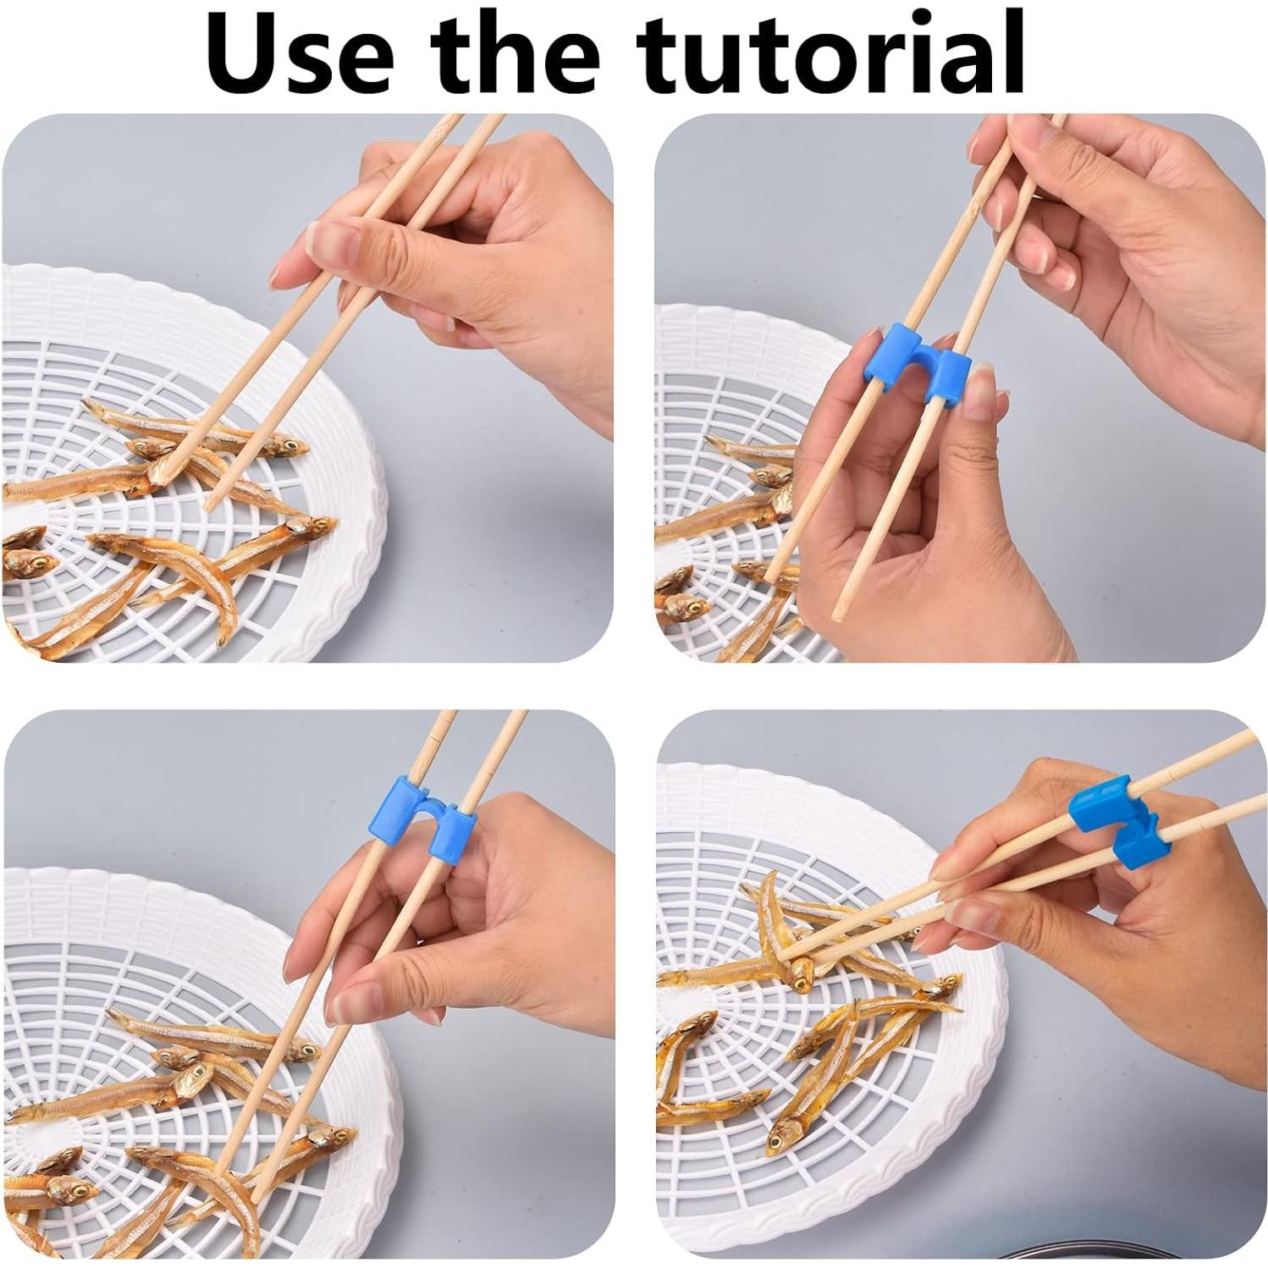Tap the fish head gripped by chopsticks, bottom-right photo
pos(800,973)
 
